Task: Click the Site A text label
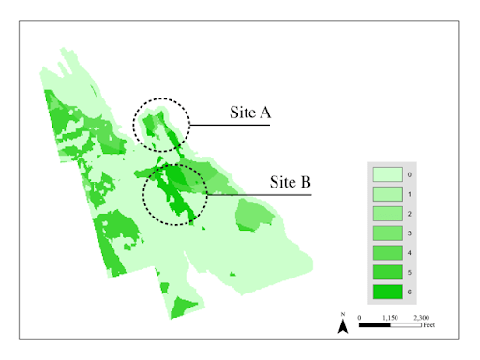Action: click(x=250, y=113)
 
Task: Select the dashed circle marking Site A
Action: click(x=160, y=124)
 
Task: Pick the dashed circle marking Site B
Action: click(x=175, y=194)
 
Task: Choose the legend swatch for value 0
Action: click(x=387, y=174)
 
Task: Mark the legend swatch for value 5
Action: click(x=387, y=272)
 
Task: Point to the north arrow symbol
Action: click(x=344, y=324)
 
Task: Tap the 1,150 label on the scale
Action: click(x=391, y=317)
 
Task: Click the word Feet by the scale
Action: click(x=429, y=325)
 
